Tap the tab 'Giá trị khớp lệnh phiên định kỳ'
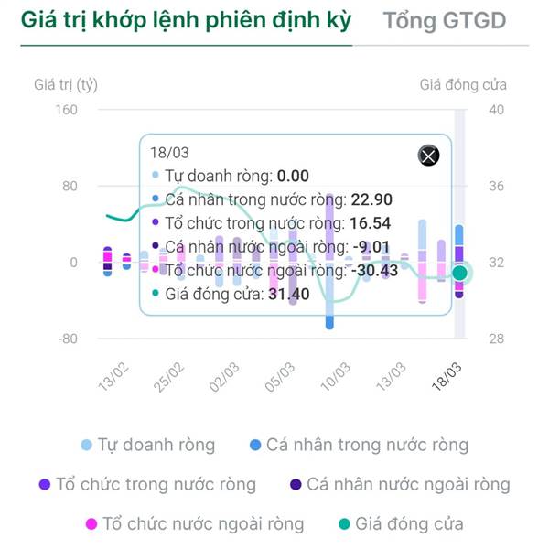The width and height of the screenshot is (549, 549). (186, 21)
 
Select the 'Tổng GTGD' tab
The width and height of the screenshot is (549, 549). (444, 21)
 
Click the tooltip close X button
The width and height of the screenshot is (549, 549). (428, 156)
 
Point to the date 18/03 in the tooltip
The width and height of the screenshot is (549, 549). (168, 153)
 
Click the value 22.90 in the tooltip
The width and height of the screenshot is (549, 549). (374, 199)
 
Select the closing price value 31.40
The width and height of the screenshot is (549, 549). (288, 295)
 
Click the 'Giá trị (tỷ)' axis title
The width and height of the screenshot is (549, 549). (66, 85)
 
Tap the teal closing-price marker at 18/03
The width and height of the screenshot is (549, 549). (460, 273)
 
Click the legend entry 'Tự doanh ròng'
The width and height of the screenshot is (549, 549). (148, 446)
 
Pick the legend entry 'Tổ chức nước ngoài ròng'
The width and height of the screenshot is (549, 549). (195, 524)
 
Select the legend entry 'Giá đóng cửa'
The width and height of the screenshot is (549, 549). (400, 524)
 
